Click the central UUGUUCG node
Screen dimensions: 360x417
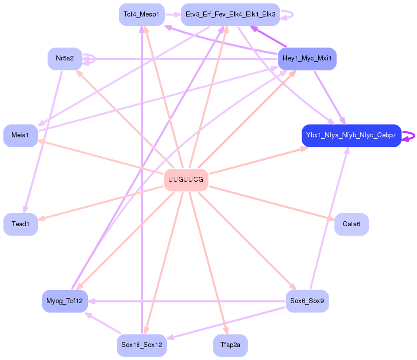point(186,180)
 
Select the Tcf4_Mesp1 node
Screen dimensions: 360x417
point(142,14)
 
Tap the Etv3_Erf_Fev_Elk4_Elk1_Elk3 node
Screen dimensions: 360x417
point(230,14)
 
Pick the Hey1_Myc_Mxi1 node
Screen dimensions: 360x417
point(307,59)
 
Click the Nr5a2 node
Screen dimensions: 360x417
point(65,59)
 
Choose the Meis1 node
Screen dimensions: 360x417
point(20,135)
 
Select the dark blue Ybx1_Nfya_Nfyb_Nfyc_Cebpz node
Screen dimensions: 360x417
point(351,135)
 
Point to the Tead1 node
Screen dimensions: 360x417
point(20,224)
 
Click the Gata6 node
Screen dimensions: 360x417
point(351,224)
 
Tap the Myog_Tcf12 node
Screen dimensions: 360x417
point(65,301)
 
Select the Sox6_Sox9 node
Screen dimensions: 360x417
point(307,301)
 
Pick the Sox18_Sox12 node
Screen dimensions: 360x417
point(142,345)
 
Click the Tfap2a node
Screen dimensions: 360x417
point(230,345)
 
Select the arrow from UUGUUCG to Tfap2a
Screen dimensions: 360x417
point(207,260)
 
